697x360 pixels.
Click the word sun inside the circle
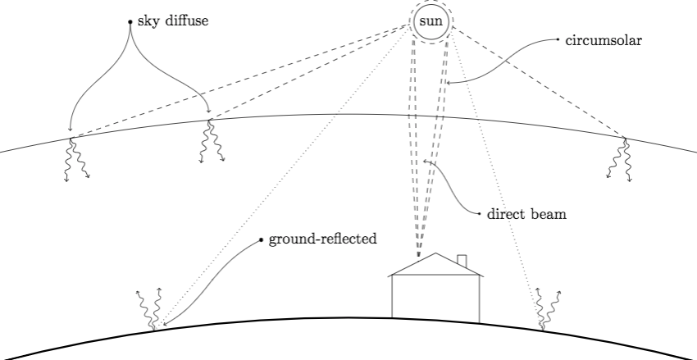[430, 21]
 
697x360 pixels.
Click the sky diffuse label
[173, 21]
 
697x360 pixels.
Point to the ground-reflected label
[322, 240]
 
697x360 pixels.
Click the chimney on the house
[462, 262]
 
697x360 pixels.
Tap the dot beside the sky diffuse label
[130, 21]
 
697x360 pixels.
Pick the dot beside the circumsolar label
[557, 39]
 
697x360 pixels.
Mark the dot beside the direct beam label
[479, 214]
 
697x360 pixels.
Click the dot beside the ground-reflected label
[261, 240]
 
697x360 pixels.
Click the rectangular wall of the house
[435, 298]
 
